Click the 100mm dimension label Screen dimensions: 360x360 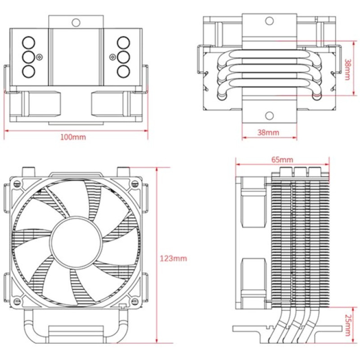(73, 137)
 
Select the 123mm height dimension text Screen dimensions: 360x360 (173, 259)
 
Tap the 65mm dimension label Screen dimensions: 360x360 (282, 160)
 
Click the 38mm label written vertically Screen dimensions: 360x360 (347, 69)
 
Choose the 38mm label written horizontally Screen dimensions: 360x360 (269, 132)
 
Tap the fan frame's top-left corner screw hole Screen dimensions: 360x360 (17, 184)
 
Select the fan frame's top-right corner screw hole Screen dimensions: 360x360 (134, 184)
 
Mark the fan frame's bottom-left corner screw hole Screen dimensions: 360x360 (17, 301)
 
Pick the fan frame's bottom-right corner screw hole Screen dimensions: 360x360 (134, 301)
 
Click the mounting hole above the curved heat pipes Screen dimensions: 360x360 (269, 21)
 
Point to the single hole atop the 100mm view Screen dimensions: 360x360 (76, 21)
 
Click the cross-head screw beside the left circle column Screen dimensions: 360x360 (41, 57)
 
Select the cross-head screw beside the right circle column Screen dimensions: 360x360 (111, 57)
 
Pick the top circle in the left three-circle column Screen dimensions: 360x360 (28, 42)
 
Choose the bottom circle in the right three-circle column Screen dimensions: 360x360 (123, 71)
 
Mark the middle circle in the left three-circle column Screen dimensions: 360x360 (28, 57)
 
